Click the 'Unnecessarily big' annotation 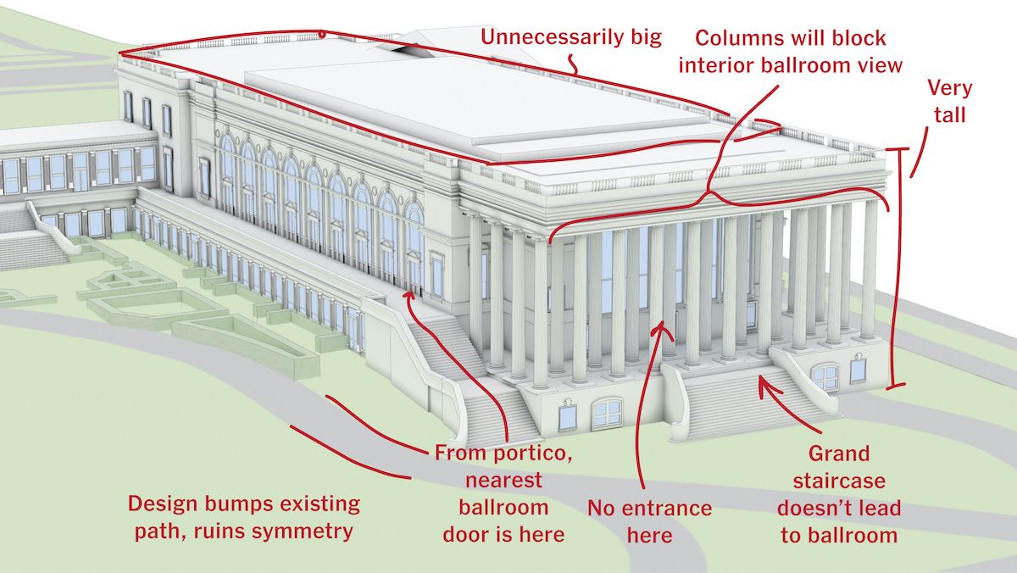(x=571, y=37)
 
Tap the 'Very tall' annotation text (x=949, y=101)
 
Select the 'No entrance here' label (x=649, y=521)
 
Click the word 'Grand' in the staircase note (x=839, y=454)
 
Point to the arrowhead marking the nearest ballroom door (x=409, y=294)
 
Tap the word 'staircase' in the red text (x=839, y=481)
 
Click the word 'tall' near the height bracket (x=949, y=114)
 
